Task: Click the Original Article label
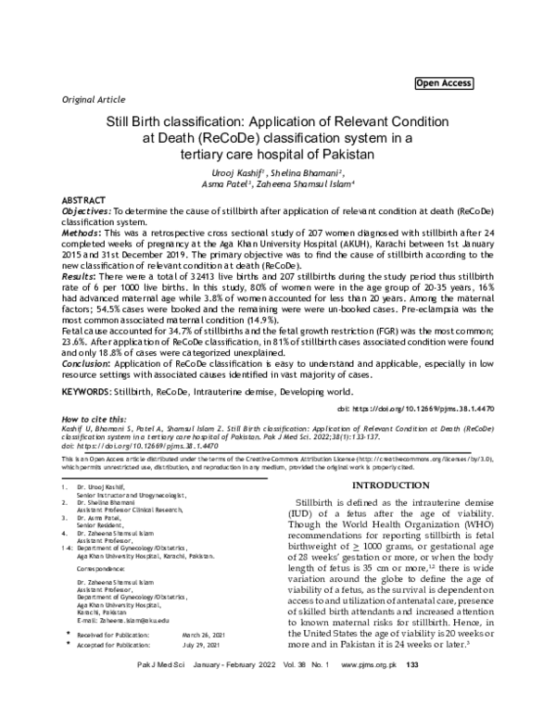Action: [94, 98]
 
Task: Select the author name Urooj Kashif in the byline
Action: [226, 172]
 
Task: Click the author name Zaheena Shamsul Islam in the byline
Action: [313, 183]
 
